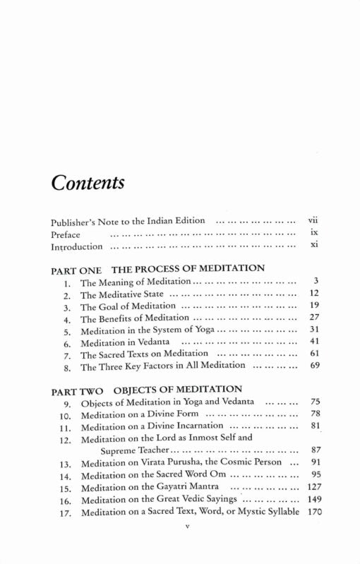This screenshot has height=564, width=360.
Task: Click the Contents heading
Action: pos(88,184)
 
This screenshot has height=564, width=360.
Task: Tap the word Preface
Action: pos(66,234)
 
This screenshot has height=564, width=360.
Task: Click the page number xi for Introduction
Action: pos(315,246)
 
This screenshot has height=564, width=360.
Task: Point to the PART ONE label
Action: pos(76,268)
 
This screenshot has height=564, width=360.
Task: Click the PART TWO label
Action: pos(77,389)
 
